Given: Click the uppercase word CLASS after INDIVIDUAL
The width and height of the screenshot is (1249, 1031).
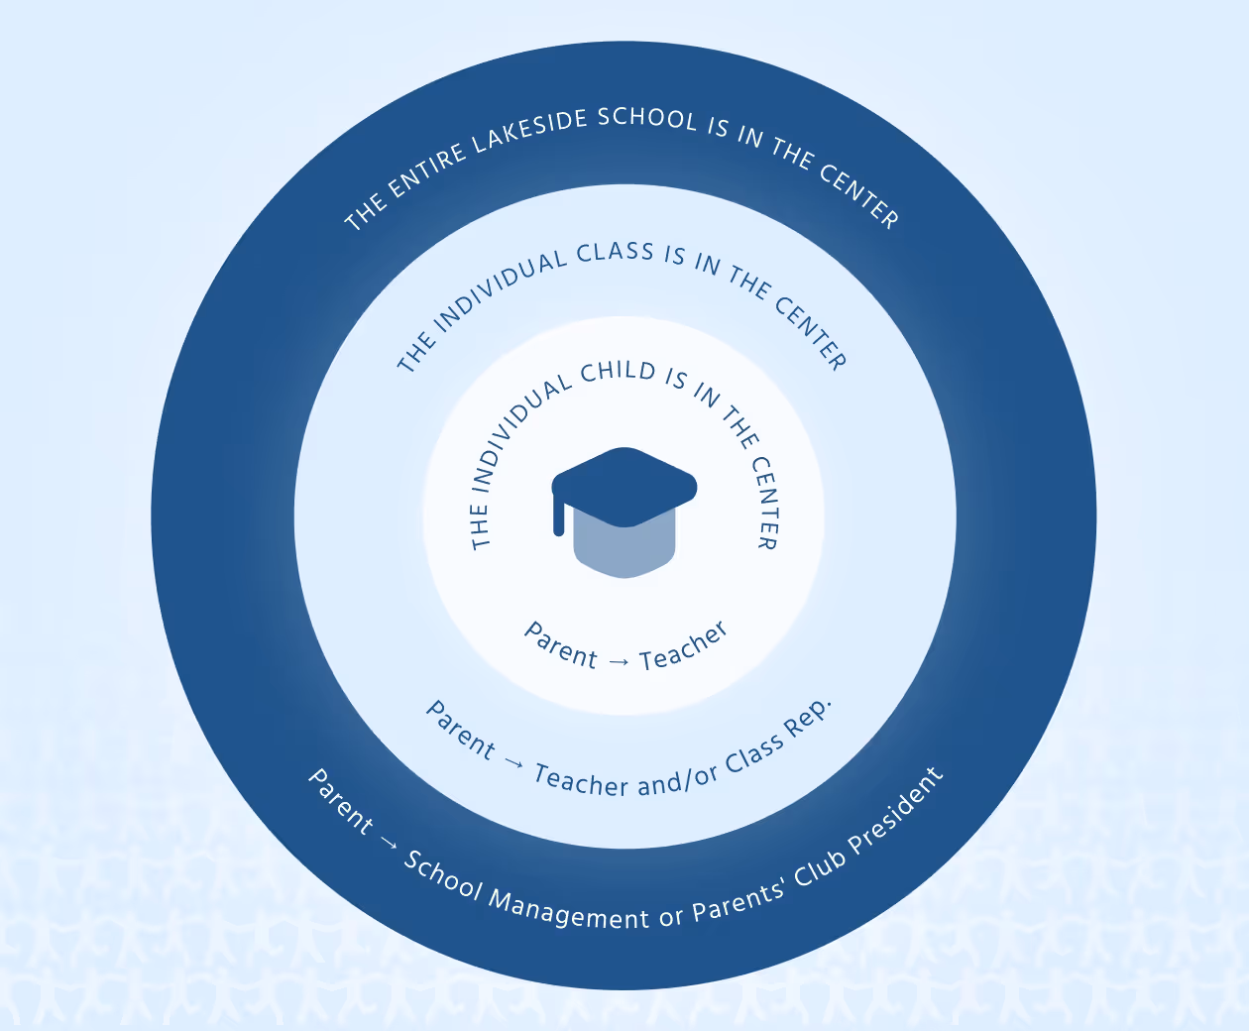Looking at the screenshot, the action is click(x=615, y=252).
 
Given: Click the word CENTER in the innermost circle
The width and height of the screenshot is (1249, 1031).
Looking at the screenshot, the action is click(x=766, y=501).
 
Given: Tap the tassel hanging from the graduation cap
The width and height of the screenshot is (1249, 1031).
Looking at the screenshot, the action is click(x=559, y=515).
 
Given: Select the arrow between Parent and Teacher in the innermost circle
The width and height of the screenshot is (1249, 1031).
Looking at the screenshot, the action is click(x=619, y=661).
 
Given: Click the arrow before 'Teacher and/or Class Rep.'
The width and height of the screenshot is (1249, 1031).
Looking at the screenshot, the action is click(x=513, y=762).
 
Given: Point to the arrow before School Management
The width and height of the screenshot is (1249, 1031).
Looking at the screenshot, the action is click(x=388, y=844).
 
